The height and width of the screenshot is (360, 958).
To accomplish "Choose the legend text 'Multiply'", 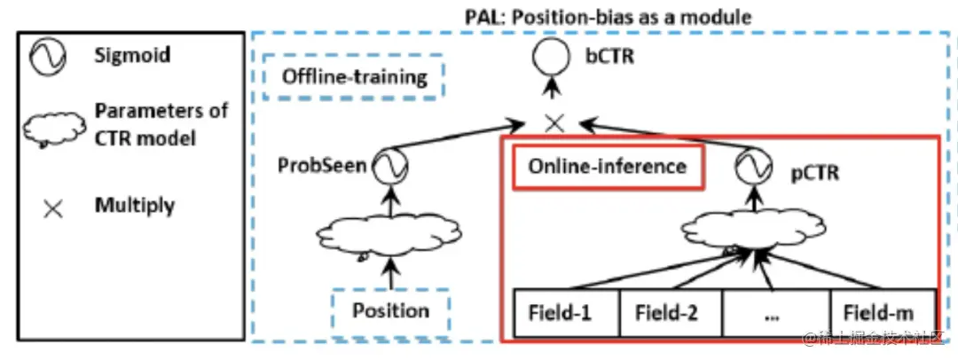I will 134,206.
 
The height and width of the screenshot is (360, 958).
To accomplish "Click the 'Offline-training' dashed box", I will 354,77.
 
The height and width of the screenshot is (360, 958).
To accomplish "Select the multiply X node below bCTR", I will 554,123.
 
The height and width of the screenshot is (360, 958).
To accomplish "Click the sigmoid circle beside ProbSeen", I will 387,166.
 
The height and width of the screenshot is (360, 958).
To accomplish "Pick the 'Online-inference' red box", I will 607,166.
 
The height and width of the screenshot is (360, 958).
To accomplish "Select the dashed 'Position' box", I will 391,310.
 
